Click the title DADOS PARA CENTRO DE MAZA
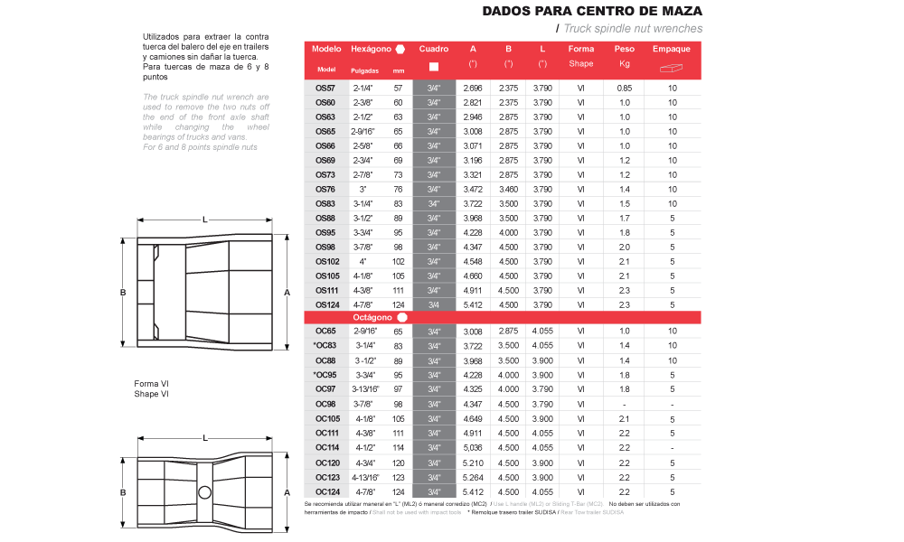(x=592, y=12)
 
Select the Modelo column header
(x=326, y=49)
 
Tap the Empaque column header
(x=672, y=49)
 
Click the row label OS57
(x=325, y=88)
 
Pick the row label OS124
(x=326, y=304)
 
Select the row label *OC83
(x=325, y=346)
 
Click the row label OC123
(x=326, y=476)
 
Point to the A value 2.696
(x=473, y=88)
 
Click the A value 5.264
(x=473, y=476)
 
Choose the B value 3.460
(x=509, y=189)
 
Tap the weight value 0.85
(x=624, y=88)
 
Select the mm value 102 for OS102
(x=398, y=261)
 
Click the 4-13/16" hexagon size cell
(x=363, y=476)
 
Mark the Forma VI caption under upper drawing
(x=152, y=384)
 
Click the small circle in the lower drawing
(x=204, y=491)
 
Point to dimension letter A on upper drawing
(x=287, y=293)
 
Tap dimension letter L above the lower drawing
(x=206, y=437)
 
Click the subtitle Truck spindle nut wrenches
(x=633, y=29)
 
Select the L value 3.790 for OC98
(x=542, y=404)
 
